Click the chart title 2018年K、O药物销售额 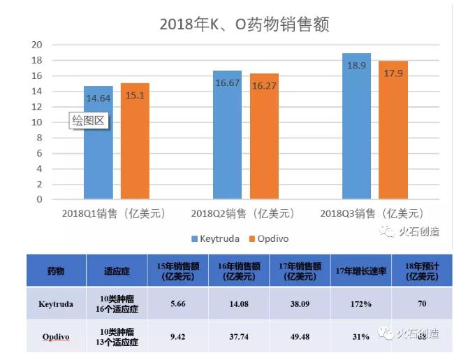244,24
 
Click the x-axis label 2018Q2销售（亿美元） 242,213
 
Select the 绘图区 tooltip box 89,120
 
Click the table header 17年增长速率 361,271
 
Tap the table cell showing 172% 361,304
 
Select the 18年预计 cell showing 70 421,304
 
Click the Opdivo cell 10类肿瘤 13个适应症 117,337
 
